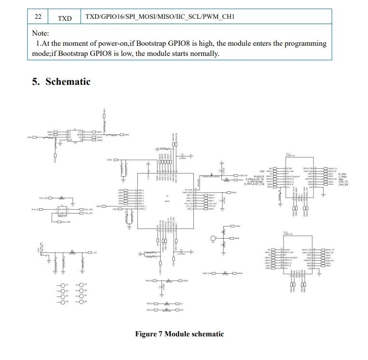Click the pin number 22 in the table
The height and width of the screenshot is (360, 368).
(x=38, y=17)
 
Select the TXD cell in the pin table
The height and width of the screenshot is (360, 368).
(x=65, y=18)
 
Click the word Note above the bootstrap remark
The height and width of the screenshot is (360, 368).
(x=41, y=33)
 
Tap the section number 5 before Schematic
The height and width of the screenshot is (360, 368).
(x=36, y=81)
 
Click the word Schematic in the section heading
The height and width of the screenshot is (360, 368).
(x=68, y=81)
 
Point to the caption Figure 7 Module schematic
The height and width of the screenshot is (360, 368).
(x=179, y=333)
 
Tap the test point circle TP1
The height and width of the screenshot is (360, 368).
(x=214, y=238)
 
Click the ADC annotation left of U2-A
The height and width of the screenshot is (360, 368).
(x=262, y=171)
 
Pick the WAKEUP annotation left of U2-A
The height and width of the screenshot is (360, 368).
(x=260, y=177)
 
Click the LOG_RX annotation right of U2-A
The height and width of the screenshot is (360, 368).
(x=343, y=185)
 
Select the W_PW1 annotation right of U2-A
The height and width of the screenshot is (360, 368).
(x=343, y=174)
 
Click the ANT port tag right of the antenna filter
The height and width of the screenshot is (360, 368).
(x=95, y=253)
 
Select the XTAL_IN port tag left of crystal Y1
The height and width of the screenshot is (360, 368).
(x=35, y=210)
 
